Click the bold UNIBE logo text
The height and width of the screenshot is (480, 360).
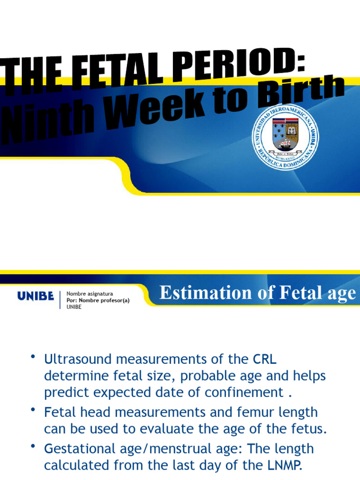click(x=36, y=296)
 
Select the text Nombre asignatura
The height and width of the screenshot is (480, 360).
click(x=90, y=294)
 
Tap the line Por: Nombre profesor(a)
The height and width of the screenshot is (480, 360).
click(x=97, y=300)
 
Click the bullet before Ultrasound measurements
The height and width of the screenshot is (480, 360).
click(x=33, y=358)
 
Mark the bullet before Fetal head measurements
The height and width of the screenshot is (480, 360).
click(x=33, y=411)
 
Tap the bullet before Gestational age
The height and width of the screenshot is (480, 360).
click(x=33, y=447)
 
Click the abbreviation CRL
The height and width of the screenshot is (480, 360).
click(x=264, y=360)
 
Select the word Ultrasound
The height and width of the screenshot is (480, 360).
click(x=77, y=360)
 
